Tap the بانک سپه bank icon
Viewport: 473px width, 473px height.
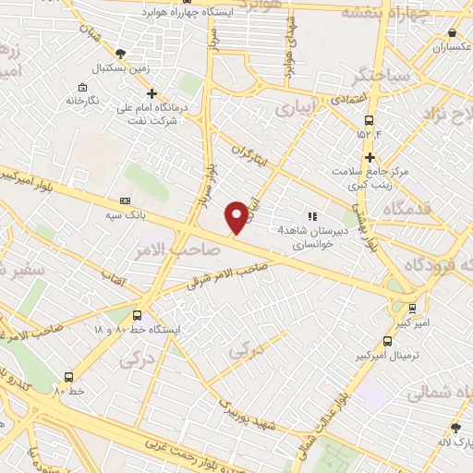126,200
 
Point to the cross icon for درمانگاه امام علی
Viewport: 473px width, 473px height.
152,93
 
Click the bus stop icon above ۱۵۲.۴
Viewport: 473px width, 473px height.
370,120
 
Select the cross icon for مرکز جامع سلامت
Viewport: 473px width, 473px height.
370,157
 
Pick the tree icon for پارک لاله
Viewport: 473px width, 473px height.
455,428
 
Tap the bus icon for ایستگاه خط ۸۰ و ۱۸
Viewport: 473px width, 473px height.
139,315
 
